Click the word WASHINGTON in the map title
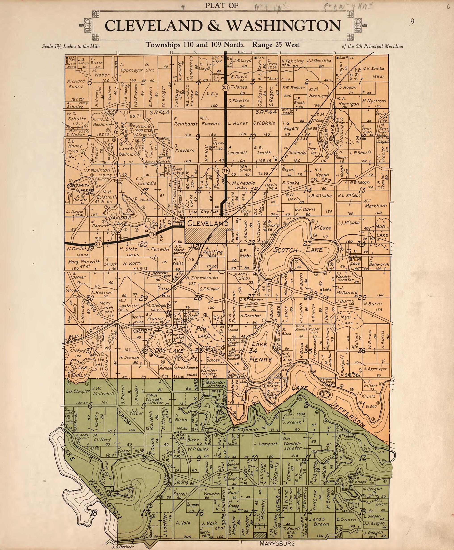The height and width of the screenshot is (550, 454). click(283, 26)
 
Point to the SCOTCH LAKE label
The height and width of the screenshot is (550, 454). click(298, 250)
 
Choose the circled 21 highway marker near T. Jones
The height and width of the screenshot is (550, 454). click(225, 87)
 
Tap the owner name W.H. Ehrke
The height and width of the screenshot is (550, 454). click(373, 69)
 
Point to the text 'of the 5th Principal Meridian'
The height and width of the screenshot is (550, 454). click(372, 47)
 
